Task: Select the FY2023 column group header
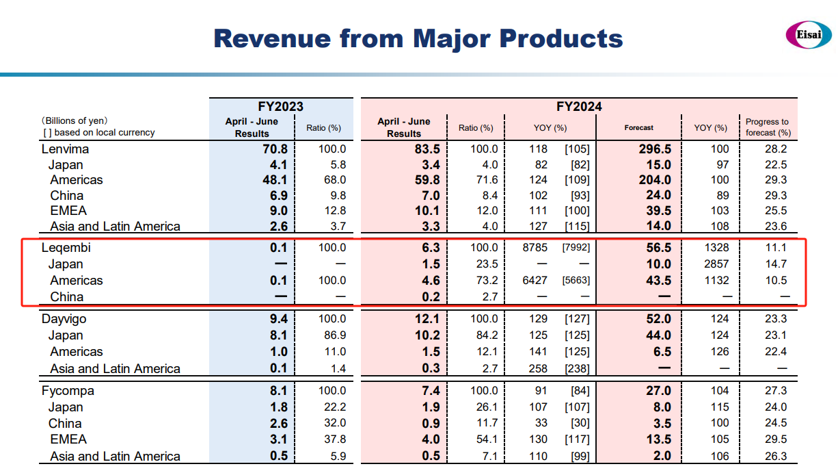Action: point(280,107)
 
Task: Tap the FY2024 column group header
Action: point(579,107)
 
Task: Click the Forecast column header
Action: point(638,127)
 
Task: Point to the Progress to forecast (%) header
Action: point(767,127)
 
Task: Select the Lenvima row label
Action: point(65,149)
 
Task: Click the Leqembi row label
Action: point(66,248)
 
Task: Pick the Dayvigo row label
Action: point(64,319)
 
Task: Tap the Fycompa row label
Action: point(67,391)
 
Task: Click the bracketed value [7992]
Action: point(575,248)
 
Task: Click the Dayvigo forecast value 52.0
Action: point(659,319)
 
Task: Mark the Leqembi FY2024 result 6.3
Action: point(431,248)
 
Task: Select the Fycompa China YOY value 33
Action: point(541,424)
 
